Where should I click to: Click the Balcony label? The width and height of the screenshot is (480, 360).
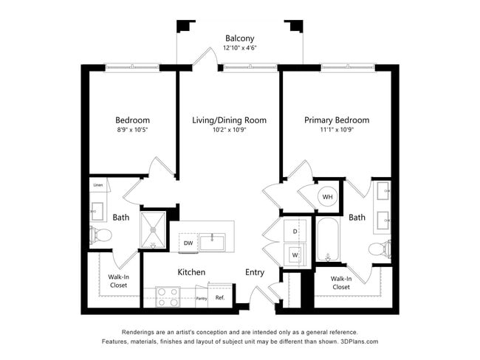[239, 38]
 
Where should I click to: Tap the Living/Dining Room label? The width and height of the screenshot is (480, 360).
[229, 120]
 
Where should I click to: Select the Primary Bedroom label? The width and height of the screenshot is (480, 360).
[337, 120]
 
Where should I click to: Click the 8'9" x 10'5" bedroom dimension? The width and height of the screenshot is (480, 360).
[132, 131]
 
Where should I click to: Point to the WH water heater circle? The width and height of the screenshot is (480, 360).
[328, 197]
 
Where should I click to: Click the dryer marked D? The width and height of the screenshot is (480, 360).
[295, 231]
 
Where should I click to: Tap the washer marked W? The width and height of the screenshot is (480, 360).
[295, 255]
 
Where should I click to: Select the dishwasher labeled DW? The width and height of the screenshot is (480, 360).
[188, 243]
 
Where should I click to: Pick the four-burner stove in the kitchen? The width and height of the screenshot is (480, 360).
[168, 297]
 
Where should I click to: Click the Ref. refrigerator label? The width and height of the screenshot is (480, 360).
[219, 297]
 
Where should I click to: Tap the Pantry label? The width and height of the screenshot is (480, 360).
[201, 298]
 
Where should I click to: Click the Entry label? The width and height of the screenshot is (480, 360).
[255, 272]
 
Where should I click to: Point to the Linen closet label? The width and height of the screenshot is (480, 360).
[97, 185]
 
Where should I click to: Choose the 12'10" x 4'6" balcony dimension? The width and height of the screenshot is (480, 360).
[239, 49]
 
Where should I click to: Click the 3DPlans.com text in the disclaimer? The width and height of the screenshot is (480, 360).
[357, 342]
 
